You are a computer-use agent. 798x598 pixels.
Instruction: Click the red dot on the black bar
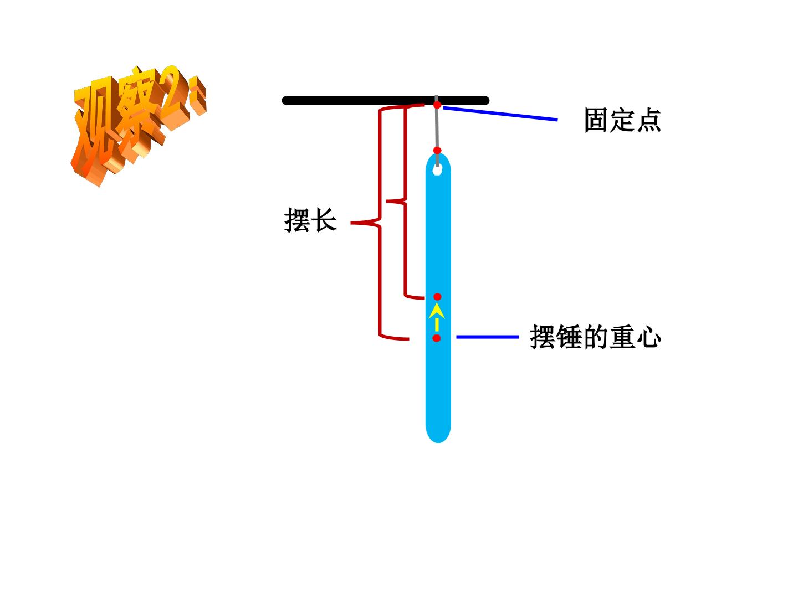click(x=437, y=105)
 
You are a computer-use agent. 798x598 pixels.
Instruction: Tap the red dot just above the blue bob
click(x=437, y=150)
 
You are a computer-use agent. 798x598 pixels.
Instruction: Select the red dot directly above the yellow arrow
click(x=437, y=297)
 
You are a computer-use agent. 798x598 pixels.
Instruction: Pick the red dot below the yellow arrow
click(x=437, y=338)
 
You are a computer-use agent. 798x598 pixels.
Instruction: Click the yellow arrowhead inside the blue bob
click(x=437, y=312)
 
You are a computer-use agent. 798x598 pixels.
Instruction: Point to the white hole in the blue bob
click(x=437, y=169)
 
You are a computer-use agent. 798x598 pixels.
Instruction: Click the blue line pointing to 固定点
click(x=500, y=114)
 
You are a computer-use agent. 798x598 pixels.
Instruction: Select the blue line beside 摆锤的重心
click(x=488, y=337)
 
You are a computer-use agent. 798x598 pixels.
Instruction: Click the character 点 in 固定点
click(x=648, y=120)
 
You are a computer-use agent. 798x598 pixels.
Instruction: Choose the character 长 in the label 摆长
click(x=325, y=220)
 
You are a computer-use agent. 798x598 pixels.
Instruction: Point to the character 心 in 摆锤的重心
click(x=648, y=337)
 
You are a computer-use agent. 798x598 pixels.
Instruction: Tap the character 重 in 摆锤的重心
click(x=622, y=337)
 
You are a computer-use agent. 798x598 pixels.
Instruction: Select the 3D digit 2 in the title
click(x=175, y=97)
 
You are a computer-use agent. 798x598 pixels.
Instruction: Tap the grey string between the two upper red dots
click(x=437, y=128)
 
